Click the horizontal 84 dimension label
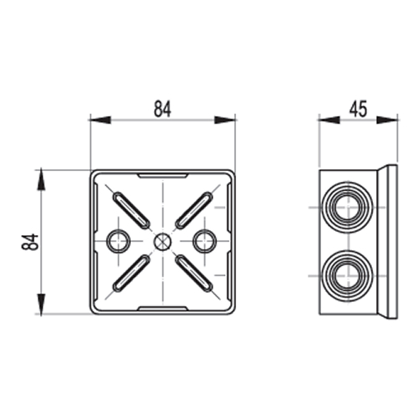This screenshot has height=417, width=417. click(163, 108)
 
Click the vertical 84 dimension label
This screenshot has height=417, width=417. click(30, 242)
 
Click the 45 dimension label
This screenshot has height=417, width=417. click(359, 108)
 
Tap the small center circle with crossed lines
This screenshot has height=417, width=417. click(163, 241)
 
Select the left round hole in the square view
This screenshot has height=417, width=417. click(118, 241)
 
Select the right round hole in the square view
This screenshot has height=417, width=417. click(204, 241)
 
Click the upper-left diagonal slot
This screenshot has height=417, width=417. click(131, 210)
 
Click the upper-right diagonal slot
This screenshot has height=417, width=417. click(194, 210)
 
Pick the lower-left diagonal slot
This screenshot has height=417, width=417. click(131, 274)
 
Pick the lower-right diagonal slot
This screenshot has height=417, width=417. click(194, 274)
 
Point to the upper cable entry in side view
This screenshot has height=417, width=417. click(349, 208)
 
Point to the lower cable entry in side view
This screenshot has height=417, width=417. click(349, 275)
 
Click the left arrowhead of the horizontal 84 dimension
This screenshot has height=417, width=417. click(100, 120)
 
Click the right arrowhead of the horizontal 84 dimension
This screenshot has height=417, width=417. click(225, 120)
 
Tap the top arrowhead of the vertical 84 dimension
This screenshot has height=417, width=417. click(41, 179)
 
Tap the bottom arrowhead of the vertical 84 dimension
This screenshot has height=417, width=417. click(41, 304)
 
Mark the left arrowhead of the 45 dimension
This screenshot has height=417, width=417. click(329, 120)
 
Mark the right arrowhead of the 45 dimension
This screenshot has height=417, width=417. click(387, 120)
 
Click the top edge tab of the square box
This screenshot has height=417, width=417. click(163, 175)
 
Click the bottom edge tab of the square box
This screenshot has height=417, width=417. click(163, 308)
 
